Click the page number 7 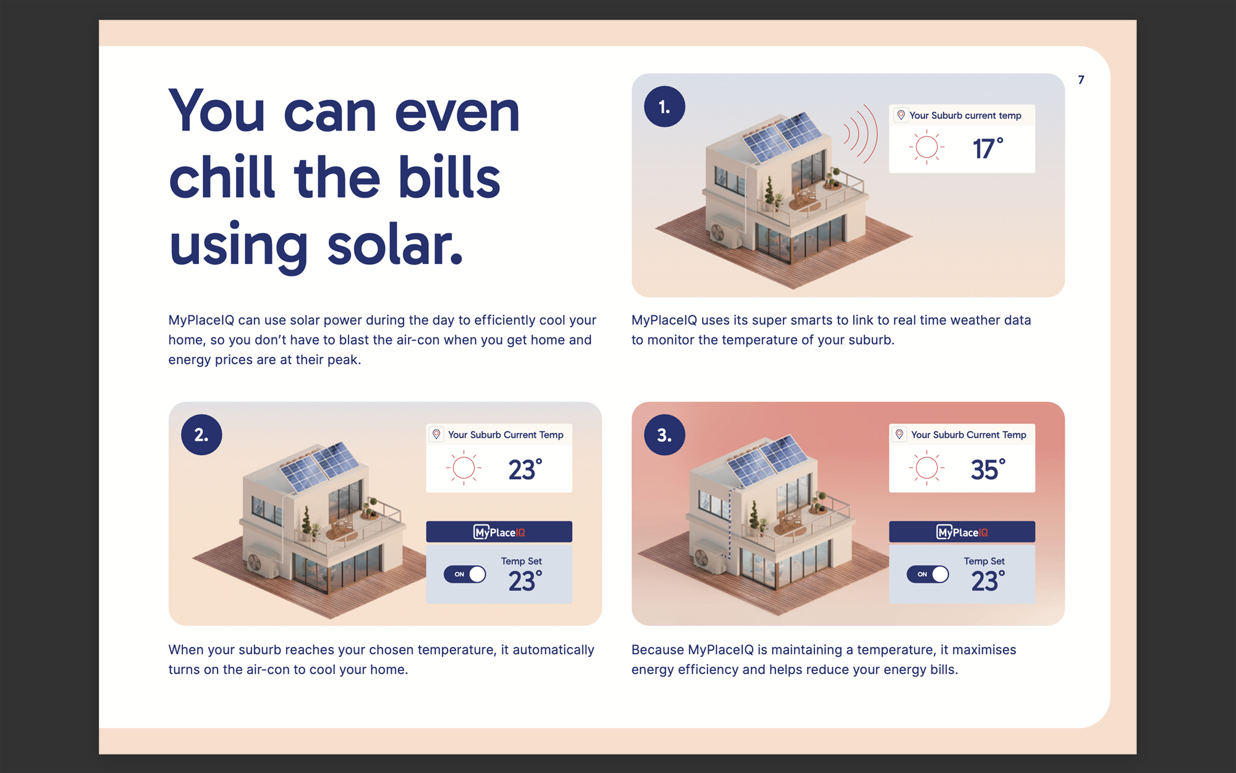(1081, 80)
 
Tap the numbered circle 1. (664, 107)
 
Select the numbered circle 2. (201, 435)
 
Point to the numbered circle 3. (664, 435)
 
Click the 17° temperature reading (988, 148)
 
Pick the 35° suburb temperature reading (988, 469)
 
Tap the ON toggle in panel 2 (465, 574)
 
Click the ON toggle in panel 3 (928, 574)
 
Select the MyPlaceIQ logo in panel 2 (499, 532)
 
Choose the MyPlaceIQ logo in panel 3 (962, 532)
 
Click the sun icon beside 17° (926, 147)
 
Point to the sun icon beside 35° (926, 468)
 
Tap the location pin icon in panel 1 (901, 115)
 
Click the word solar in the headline (395, 244)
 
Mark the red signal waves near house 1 (861, 134)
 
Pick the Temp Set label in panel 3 (984, 561)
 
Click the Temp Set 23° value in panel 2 (525, 581)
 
